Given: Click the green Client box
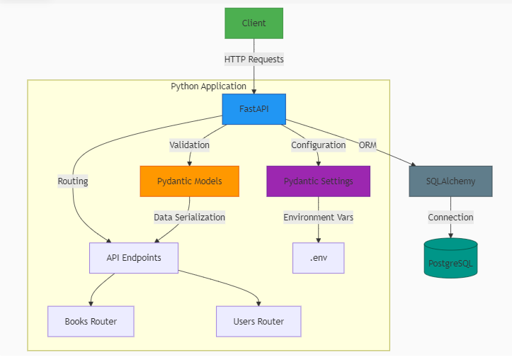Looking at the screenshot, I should tap(254, 23).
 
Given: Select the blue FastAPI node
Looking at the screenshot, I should tap(254, 109).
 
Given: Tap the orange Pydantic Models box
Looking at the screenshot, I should tap(189, 181).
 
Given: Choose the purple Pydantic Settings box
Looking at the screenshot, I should tap(318, 181).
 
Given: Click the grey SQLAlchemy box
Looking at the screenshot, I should tap(450, 181).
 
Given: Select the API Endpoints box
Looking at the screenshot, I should tap(134, 258).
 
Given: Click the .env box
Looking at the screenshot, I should tap(318, 258).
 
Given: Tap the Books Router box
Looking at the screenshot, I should tap(91, 322).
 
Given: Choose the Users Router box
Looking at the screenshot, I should tap(258, 322).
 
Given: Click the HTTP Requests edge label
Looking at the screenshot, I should tap(254, 60).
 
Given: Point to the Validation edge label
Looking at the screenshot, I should tap(189, 145).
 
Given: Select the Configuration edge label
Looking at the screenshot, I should tap(318, 145).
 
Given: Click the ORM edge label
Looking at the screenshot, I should tap(368, 145).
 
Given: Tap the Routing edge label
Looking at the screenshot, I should tap(73, 181).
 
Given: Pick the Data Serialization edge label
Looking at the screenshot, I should tap(189, 218).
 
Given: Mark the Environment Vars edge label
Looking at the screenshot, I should tap(318, 218).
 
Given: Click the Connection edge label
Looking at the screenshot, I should tap(450, 218).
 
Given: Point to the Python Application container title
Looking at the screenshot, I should tap(209, 86).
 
